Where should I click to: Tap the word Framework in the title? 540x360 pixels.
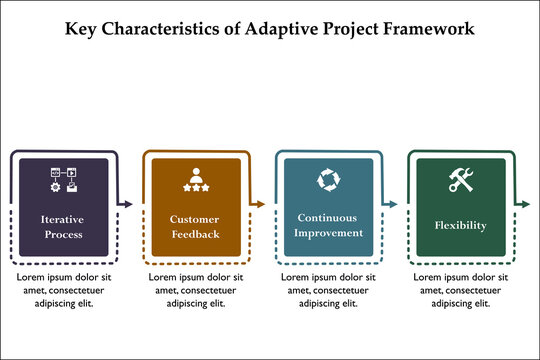(427, 29)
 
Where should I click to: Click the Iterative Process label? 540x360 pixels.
(62, 226)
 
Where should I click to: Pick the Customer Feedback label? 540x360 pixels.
(194, 226)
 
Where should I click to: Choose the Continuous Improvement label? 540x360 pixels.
(327, 225)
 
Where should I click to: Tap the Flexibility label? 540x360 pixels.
(460, 225)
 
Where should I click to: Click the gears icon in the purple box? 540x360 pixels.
(62, 181)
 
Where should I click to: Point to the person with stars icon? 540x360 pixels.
(194, 179)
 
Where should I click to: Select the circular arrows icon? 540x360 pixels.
(327, 180)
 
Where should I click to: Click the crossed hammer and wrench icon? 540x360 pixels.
(460, 180)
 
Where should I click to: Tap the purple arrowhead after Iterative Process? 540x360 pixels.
(128, 204)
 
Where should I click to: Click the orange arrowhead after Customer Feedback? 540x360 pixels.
(261, 204)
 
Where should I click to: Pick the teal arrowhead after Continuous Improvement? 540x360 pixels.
(394, 204)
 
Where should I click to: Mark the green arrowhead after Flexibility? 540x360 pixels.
(526, 204)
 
